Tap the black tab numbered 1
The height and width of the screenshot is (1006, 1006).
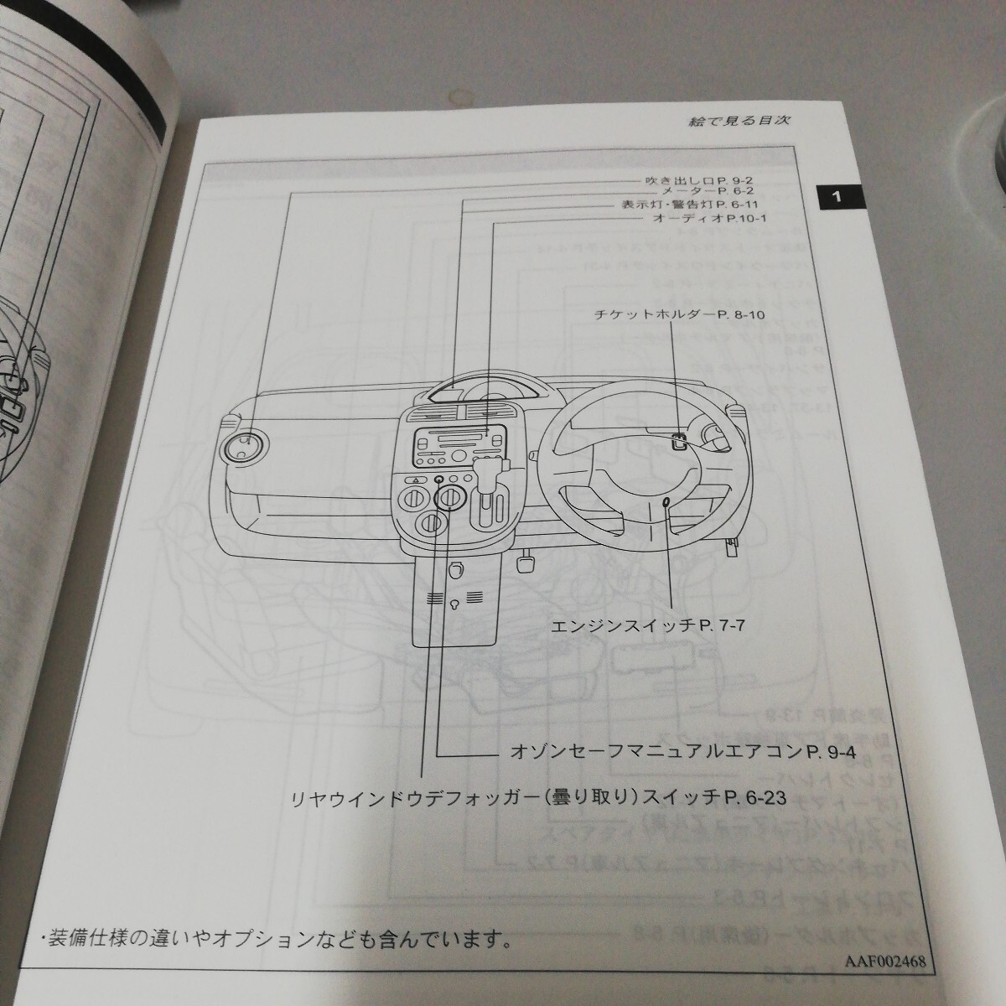pyautogui.click(x=834, y=198)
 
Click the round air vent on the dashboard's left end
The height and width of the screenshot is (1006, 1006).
pyautogui.click(x=244, y=446)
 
